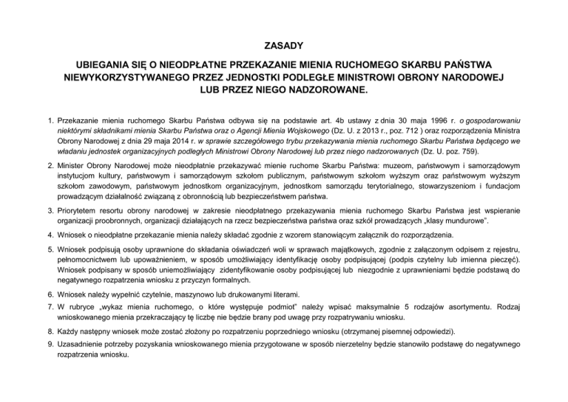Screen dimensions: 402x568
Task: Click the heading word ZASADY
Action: click(284, 44)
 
